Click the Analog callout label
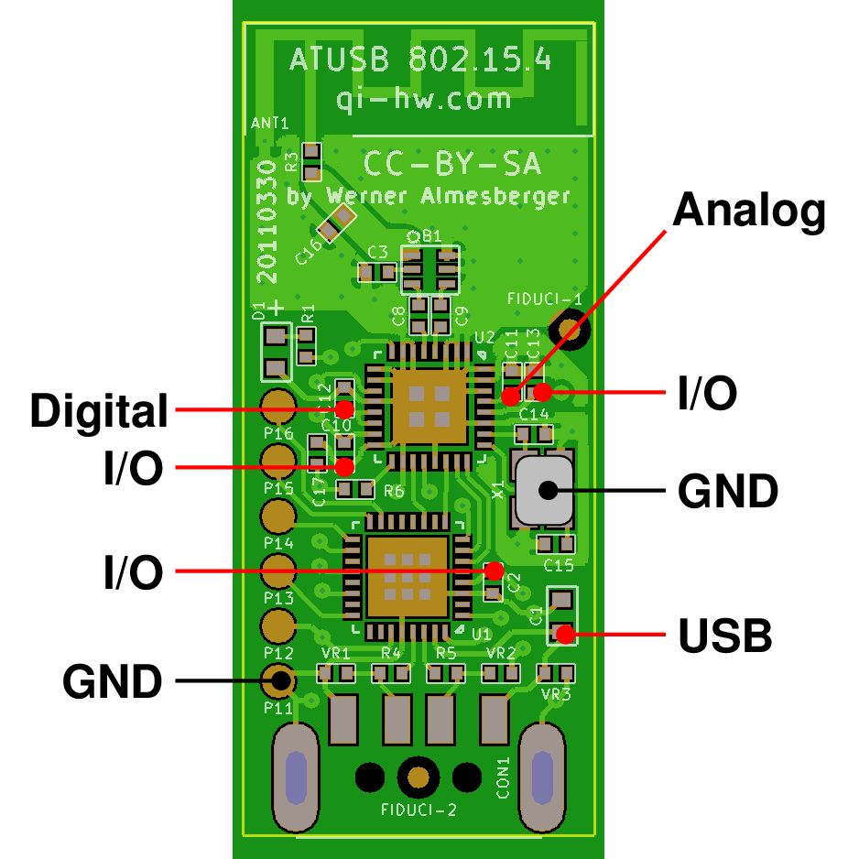click(x=749, y=212)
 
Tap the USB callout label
click(x=724, y=636)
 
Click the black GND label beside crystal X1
click(x=727, y=492)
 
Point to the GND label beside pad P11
click(x=112, y=681)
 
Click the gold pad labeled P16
click(x=277, y=404)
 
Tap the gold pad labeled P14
click(x=277, y=516)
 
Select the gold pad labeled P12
click(x=277, y=626)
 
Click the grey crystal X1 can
click(x=544, y=489)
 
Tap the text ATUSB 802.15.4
click(x=420, y=61)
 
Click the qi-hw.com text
click(x=423, y=98)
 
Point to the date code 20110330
click(x=266, y=219)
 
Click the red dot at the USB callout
click(x=564, y=633)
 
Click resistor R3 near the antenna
click(x=311, y=161)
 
